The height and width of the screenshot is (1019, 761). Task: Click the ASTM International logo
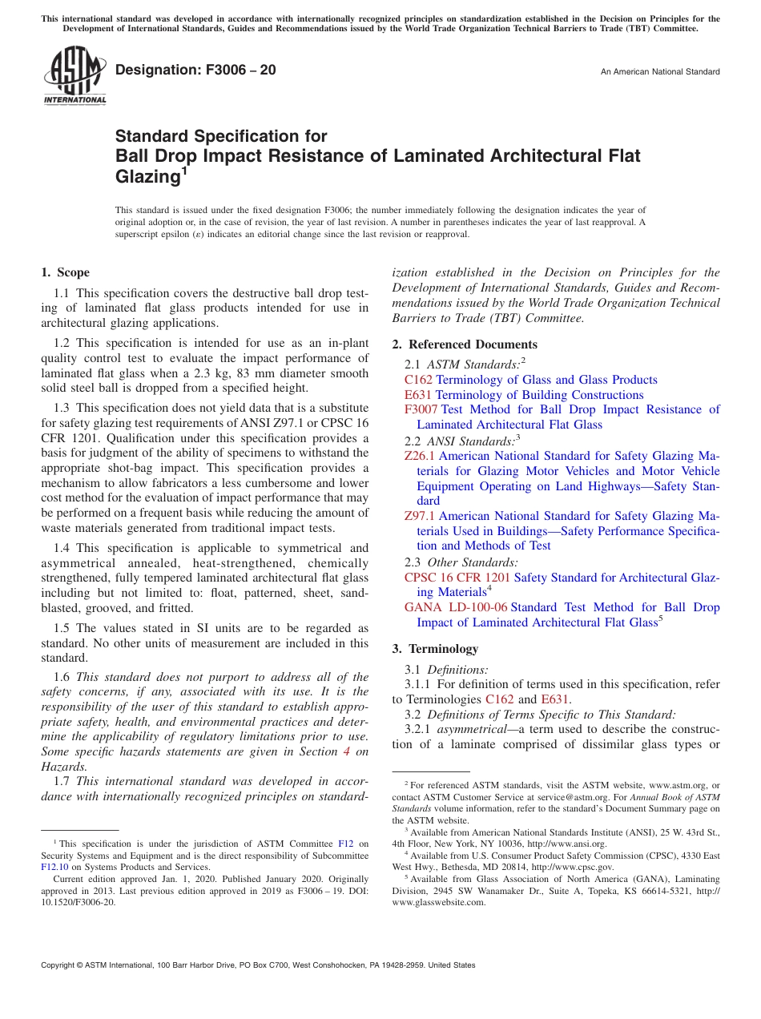[x=74, y=75]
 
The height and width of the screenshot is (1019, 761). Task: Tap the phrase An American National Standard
[x=659, y=72]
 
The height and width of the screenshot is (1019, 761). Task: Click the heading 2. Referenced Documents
[x=465, y=344]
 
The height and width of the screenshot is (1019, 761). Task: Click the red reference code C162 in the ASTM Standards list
[x=418, y=380]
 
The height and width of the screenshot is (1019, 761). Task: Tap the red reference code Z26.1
[x=420, y=456]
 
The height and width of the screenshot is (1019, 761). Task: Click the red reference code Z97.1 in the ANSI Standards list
[x=420, y=516]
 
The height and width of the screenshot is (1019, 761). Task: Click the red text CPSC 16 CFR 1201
[x=457, y=578]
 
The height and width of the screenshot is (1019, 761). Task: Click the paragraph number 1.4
[x=62, y=548]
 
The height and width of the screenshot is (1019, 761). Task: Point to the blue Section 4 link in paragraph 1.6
[x=346, y=751]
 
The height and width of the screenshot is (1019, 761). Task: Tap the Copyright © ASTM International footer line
[x=258, y=965]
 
